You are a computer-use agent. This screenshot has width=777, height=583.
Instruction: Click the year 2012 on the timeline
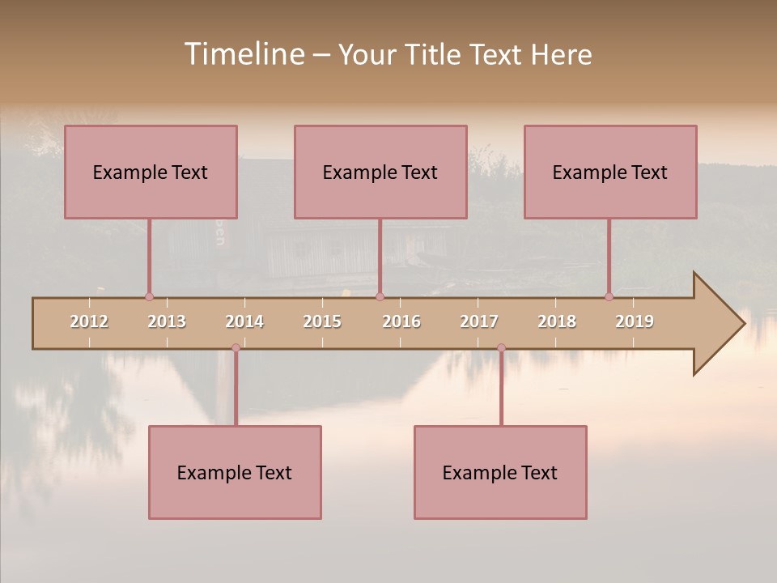89,321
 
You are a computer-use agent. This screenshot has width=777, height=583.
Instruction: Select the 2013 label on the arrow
167,321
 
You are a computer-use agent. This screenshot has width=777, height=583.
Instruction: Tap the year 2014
244,321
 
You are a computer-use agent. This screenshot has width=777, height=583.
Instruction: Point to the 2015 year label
322,321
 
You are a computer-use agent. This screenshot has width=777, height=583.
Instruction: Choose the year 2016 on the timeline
401,321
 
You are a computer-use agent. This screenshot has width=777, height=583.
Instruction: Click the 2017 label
479,321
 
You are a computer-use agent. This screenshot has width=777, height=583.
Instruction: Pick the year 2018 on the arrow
557,321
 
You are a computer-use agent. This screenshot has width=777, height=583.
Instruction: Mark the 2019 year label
635,321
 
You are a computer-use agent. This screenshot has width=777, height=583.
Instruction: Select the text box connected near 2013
151,172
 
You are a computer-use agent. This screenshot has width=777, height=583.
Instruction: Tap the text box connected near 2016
380,172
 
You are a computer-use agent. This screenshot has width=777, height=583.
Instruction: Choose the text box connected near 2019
610,172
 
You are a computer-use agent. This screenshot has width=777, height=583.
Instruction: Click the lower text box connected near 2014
235,472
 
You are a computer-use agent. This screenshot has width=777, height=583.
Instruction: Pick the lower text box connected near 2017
500,472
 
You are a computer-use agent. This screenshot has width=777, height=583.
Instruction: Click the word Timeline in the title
243,54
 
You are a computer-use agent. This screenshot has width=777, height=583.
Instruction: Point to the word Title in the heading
435,54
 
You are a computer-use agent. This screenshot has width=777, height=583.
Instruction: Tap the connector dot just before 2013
149,296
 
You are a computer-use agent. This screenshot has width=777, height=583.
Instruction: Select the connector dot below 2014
236,348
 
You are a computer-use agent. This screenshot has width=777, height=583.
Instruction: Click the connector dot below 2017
501,348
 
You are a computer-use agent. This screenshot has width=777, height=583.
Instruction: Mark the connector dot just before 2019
609,296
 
